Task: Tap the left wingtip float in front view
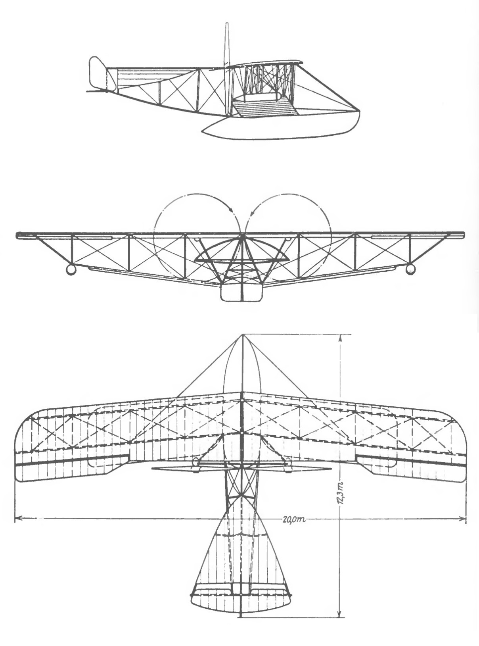coord(71,270)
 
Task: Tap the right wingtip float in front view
coord(410,270)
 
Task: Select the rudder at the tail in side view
coord(98,74)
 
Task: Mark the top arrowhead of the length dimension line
coord(340,337)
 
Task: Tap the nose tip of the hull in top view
coord(242,335)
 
